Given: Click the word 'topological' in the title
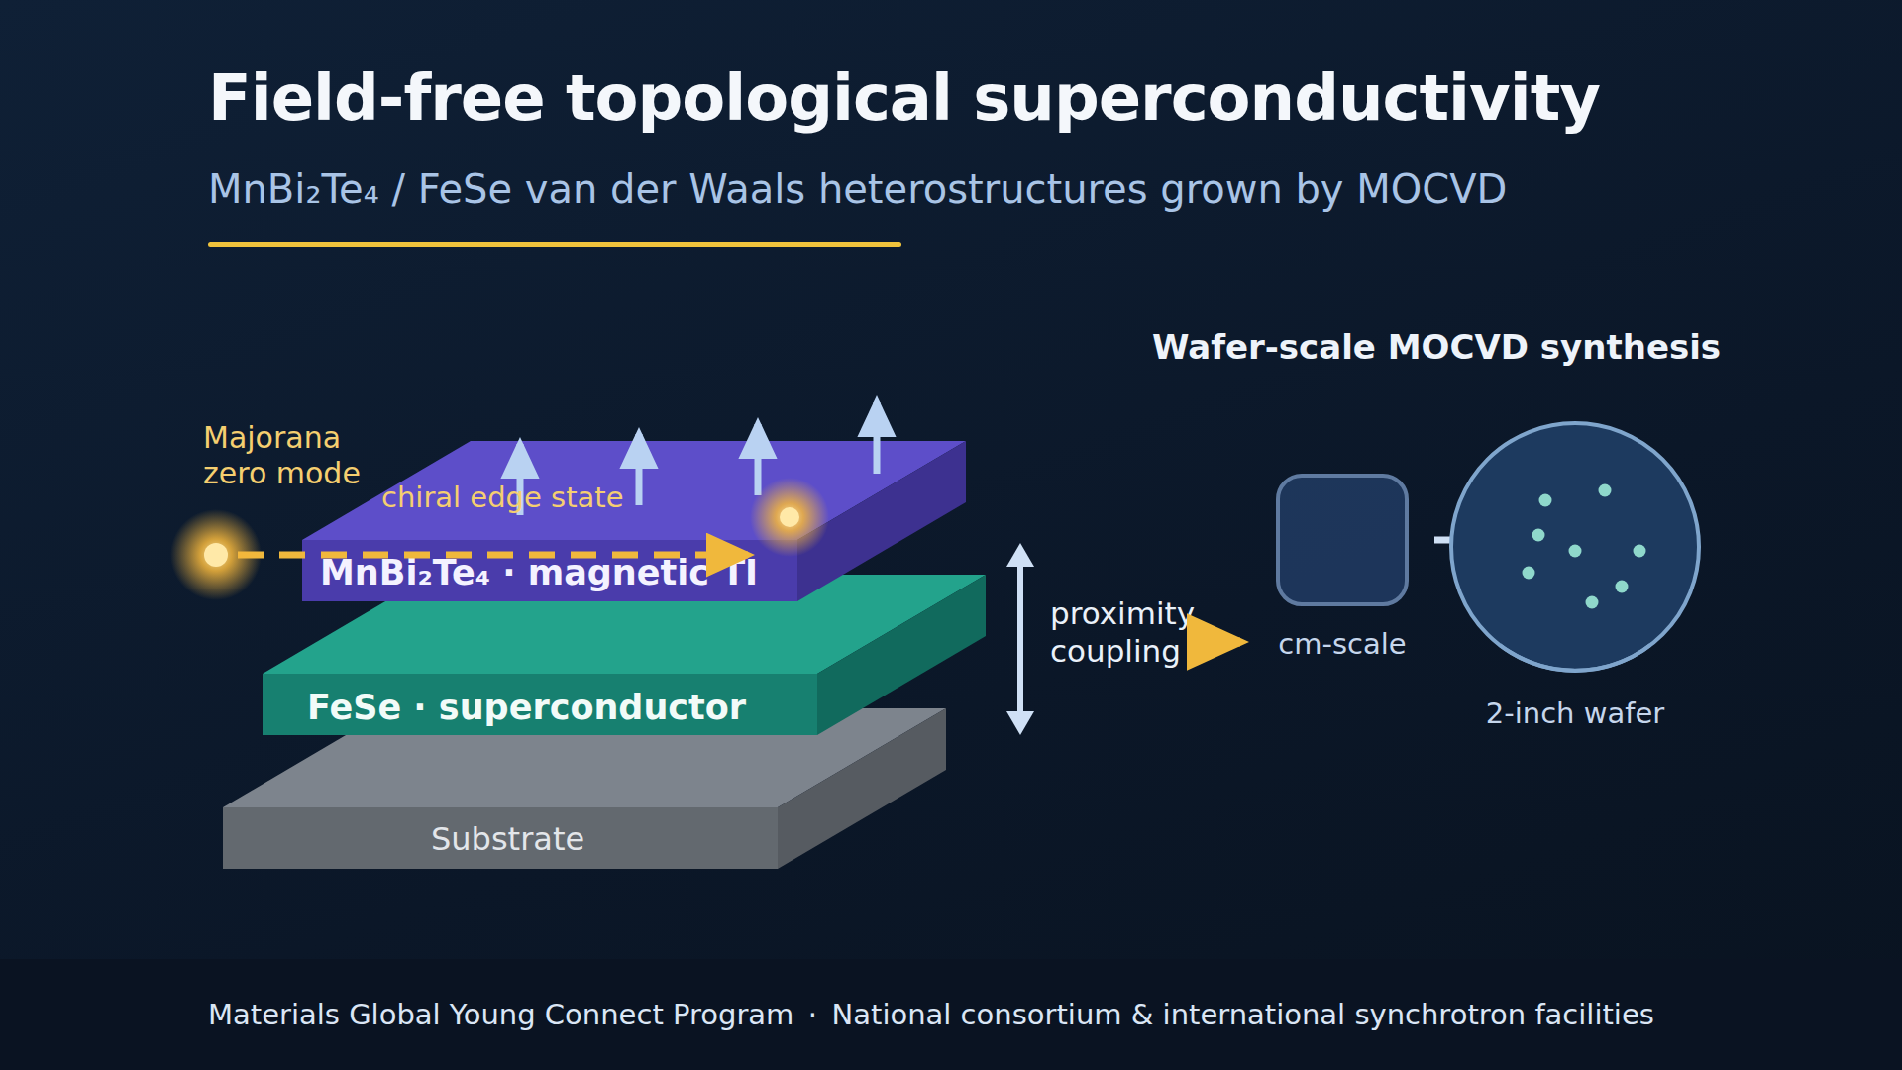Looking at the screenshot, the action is pyautogui.click(x=759, y=100).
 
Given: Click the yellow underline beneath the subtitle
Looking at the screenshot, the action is pyautogui.click(x=555, y=244).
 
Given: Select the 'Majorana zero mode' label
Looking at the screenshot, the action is pyautogui.click(x=281, y=455).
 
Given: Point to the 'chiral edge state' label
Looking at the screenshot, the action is pyautogui.click(x=502, y=497).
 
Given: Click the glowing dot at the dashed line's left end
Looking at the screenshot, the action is pyautogui.click(x=216, y=555).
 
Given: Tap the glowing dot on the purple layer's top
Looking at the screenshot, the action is pyautogui.click(x=790, y=517).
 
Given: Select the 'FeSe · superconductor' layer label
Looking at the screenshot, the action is pyautogui.click(x=526, y=707).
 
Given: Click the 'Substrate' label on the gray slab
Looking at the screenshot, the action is pyautogui.click(x=507, y=839).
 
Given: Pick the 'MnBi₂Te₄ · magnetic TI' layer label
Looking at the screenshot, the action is pyautogui.click(x=538, y=573).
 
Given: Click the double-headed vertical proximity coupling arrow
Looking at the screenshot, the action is pyautogui.click(x=1020, y=639).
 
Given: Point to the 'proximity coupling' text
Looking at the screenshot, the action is pyautogui.click(x=1121, y=632).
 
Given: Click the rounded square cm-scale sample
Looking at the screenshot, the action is pyautogui.click(x=1342, y=540).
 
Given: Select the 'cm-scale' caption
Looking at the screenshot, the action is pyautogui.click(x=1342, y=644).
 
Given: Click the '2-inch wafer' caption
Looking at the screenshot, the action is pyautogui.click(x=1575, y=713).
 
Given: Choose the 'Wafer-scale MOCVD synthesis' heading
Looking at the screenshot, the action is pyautogui.click(x=1436, y=348).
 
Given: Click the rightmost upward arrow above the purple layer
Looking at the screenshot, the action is pyautogui.click(x=877, y=435).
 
